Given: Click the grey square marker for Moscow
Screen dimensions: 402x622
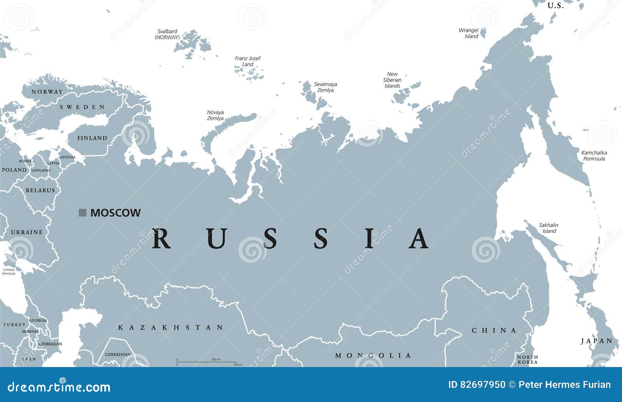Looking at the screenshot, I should [x=82, y=212].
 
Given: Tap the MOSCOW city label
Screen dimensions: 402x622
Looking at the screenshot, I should [x=115, y=213].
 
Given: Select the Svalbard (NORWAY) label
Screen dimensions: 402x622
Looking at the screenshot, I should [x=167, y=34].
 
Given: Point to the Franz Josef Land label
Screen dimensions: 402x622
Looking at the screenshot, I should [x=248, y=61].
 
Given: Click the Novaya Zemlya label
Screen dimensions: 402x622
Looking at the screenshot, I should [x=215, y=115].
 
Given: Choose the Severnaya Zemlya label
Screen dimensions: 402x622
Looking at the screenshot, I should [x=325, y=87].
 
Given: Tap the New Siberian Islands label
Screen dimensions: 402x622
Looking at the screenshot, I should [x=392, y=80].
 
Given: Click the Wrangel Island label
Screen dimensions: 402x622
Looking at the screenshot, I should [x=468, y=33].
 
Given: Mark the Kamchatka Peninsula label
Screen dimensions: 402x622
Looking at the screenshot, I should [x=594, y=155].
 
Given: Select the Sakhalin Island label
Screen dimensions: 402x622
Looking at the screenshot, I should [x=549, y=228].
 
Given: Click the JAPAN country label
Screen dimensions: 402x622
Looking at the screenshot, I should [x=597, y=341].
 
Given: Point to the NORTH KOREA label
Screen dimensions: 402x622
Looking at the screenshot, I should [x=528, y=359].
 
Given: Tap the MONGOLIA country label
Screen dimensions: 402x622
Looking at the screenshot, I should [x=373, y=355].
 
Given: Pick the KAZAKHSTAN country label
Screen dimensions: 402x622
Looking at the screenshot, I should [x=171, y=327].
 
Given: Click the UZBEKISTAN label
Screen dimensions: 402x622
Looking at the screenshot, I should [x=118, y=354].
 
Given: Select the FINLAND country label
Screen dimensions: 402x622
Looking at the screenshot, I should [x=92, y=138].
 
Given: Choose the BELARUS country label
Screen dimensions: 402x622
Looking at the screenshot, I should [x=40, y=190].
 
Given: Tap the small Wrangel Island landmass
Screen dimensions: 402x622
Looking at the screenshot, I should [x=483, y=33].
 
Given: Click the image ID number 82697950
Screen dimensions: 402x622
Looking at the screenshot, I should [x=483, y=385].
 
